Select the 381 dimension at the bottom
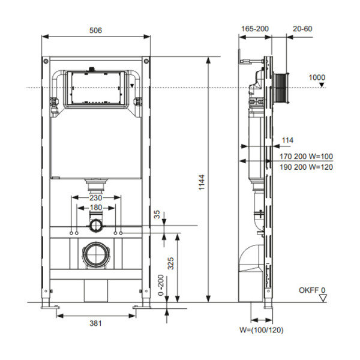click(x=95, y=323)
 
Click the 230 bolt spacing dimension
click(x=95, y=197)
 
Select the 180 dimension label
click(x=95, y=208)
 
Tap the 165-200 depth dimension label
click(x=254, y=29)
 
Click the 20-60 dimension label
click(x=302, y=29)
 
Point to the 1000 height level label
click(x=317, y=77)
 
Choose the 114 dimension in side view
click(x=287, y=140)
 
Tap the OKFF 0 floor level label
click(x=312, y=290)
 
